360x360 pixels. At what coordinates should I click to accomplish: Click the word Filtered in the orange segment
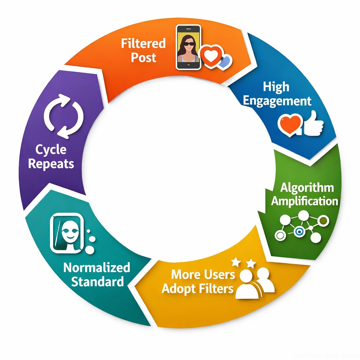[143, 44]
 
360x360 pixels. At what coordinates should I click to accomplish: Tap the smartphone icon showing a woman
[188, 47]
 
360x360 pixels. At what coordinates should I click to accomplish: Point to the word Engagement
[277, 101]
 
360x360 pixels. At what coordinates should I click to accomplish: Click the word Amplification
[304, 201]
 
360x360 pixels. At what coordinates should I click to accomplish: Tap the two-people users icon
[255, 283]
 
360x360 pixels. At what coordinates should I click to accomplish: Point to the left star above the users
[236, 262]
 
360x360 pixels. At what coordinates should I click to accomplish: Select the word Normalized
[97, 267]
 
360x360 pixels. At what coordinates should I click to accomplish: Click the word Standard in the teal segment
[98, 281]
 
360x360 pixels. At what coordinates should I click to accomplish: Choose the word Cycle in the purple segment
[51, 149]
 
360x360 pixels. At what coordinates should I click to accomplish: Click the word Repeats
[51, 163]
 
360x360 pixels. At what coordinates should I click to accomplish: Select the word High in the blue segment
[276, 86]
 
